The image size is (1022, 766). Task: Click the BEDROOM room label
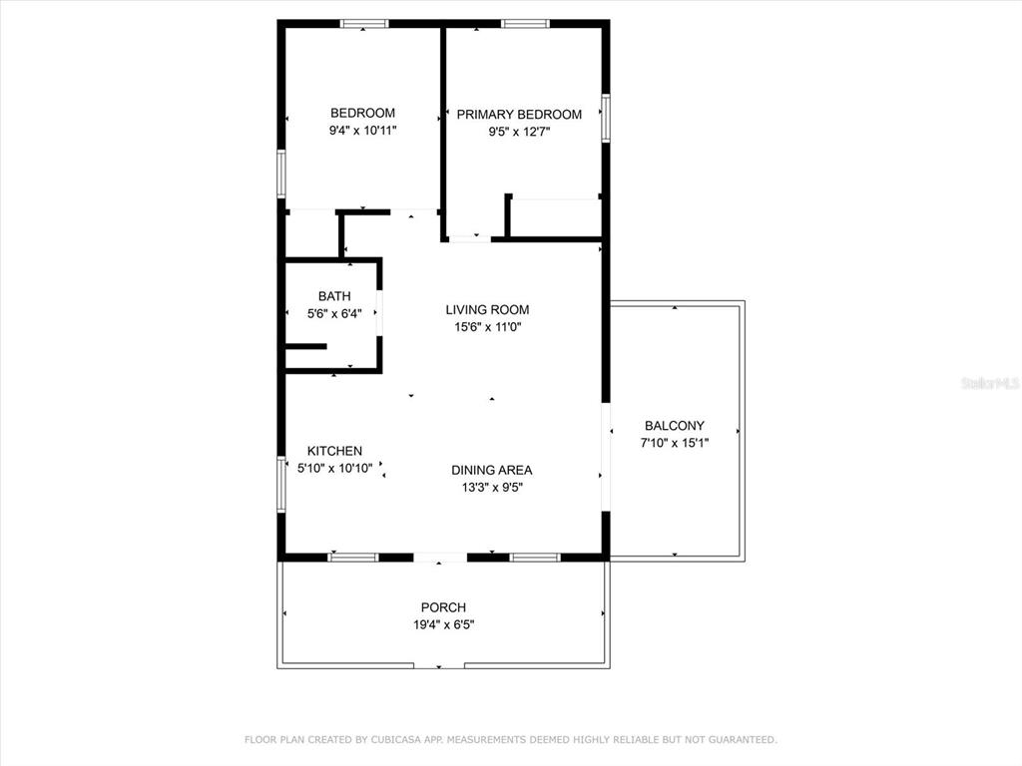coord(362,113)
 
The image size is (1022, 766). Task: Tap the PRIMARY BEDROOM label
coord(519,115)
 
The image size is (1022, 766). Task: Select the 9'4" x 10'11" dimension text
coord(362,131)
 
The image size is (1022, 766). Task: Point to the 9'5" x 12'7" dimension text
coord(519,132)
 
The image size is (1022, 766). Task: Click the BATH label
coord(334,296)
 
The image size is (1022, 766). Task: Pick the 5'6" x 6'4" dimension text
coord(334,314)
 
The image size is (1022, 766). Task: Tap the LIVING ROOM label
coord(487,310)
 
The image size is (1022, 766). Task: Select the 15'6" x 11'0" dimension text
coord(487,327)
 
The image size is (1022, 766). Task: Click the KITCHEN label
coord(334,451)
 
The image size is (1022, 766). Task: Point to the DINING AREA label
coord(491,471)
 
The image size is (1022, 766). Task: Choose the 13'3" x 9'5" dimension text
coord(492,487)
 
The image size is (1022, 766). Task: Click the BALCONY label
coord(675,426)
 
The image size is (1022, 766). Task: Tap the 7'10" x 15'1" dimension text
coord(675,443)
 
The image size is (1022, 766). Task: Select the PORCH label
coord(443,607)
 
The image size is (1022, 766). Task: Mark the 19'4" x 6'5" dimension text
coord(443,624)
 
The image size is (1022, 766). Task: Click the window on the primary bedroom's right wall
coord(606,118)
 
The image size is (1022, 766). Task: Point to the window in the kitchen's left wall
coord(281,484)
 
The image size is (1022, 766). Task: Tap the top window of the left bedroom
coord(363,24)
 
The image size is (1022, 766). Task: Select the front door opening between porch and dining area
coord(440,558)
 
